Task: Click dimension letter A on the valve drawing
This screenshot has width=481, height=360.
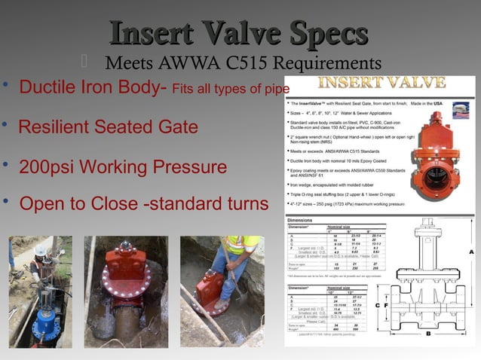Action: click(x=471, y=252)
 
